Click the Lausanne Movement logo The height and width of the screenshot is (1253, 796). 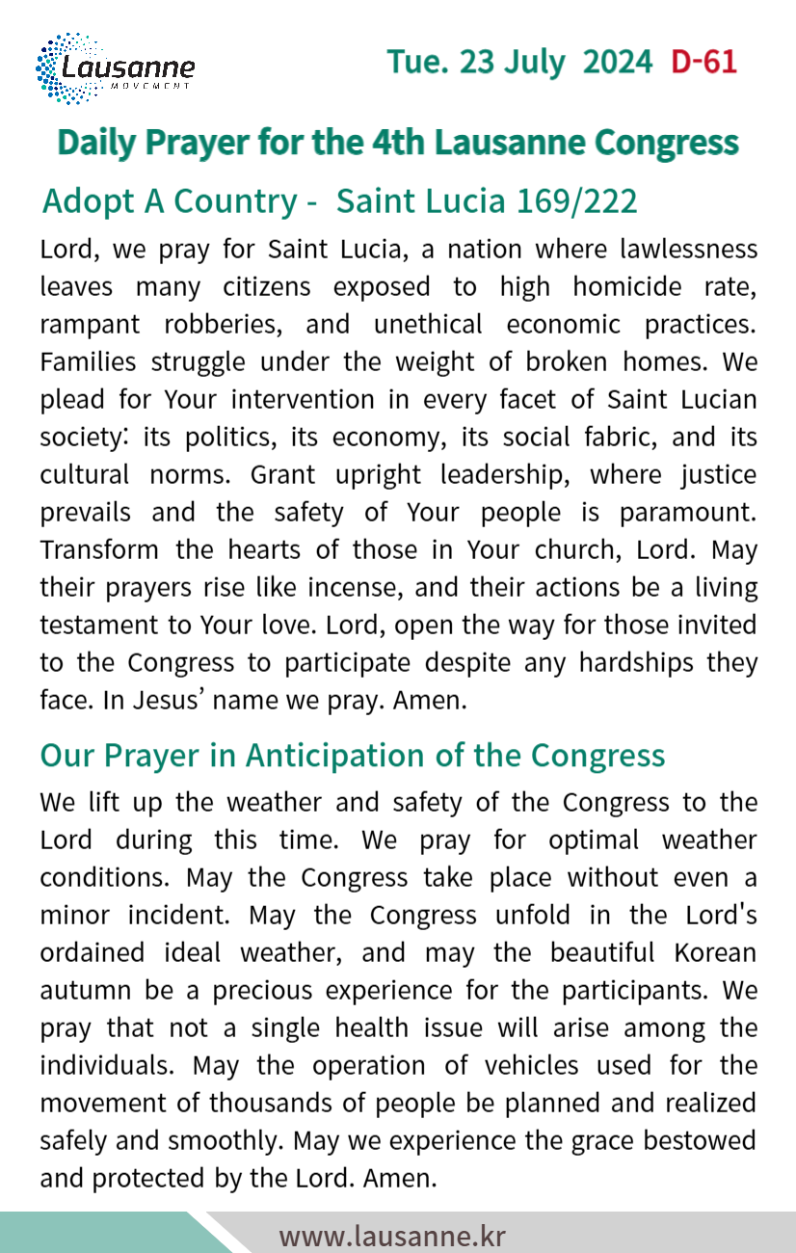click(x=115, y=68)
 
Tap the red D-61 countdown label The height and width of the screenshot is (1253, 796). click(x=703, y=63)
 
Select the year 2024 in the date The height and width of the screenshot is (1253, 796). click(x=618, y=63)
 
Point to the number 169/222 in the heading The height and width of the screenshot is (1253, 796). click(x=577, y=201)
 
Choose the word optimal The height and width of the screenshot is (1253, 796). click(x=594, y=840)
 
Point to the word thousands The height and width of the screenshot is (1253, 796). click(x=266, y=1103)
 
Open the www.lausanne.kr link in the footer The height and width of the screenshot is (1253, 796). click(x=392, y=1236)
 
